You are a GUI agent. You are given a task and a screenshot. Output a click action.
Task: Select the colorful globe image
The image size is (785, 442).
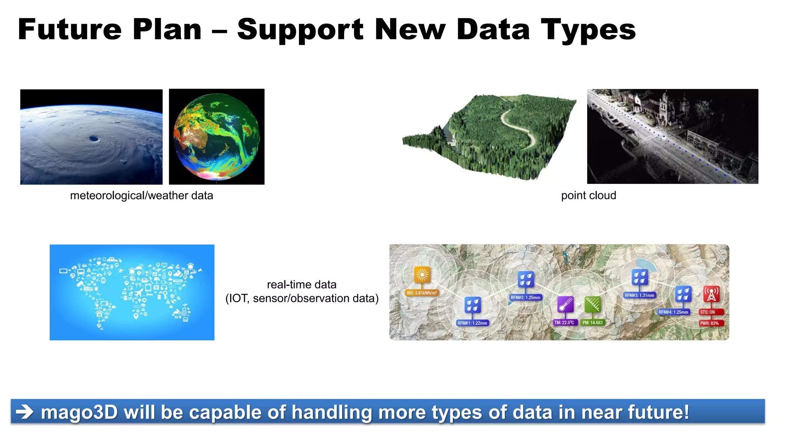click(217, 137)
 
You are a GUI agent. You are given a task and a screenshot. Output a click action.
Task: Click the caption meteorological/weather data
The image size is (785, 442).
click(141, 196)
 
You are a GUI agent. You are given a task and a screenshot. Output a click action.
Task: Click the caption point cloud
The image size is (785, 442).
click(588, 196)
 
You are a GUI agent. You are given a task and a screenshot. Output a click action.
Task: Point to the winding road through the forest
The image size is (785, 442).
click(517, 127)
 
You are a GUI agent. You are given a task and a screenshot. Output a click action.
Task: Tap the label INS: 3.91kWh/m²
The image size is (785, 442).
click(422, 293)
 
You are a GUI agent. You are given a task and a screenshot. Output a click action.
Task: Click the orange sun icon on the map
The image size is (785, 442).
click(422, 275)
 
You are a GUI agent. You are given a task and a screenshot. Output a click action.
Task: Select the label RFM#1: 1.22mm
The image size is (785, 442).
click(472, 323)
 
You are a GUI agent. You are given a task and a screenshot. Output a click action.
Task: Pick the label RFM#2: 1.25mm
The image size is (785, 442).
click(526, 297)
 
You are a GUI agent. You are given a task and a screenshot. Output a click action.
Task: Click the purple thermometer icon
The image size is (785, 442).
click(565, 305)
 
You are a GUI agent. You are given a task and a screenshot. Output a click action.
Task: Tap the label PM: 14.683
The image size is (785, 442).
click(592, 323)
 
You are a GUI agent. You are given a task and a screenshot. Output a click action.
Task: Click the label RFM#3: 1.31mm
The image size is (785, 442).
click(639, 295)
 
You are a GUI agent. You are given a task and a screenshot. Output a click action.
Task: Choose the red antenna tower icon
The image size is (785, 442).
click(711, 294)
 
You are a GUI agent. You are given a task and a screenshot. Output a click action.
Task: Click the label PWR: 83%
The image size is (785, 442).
click(709, 323)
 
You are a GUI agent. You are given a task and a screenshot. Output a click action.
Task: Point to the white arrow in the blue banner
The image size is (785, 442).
click(25, 412)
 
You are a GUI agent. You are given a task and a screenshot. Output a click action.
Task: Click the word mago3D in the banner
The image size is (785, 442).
click(79, 413)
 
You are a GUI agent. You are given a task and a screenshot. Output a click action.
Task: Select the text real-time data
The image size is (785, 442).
click(302, 285)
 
